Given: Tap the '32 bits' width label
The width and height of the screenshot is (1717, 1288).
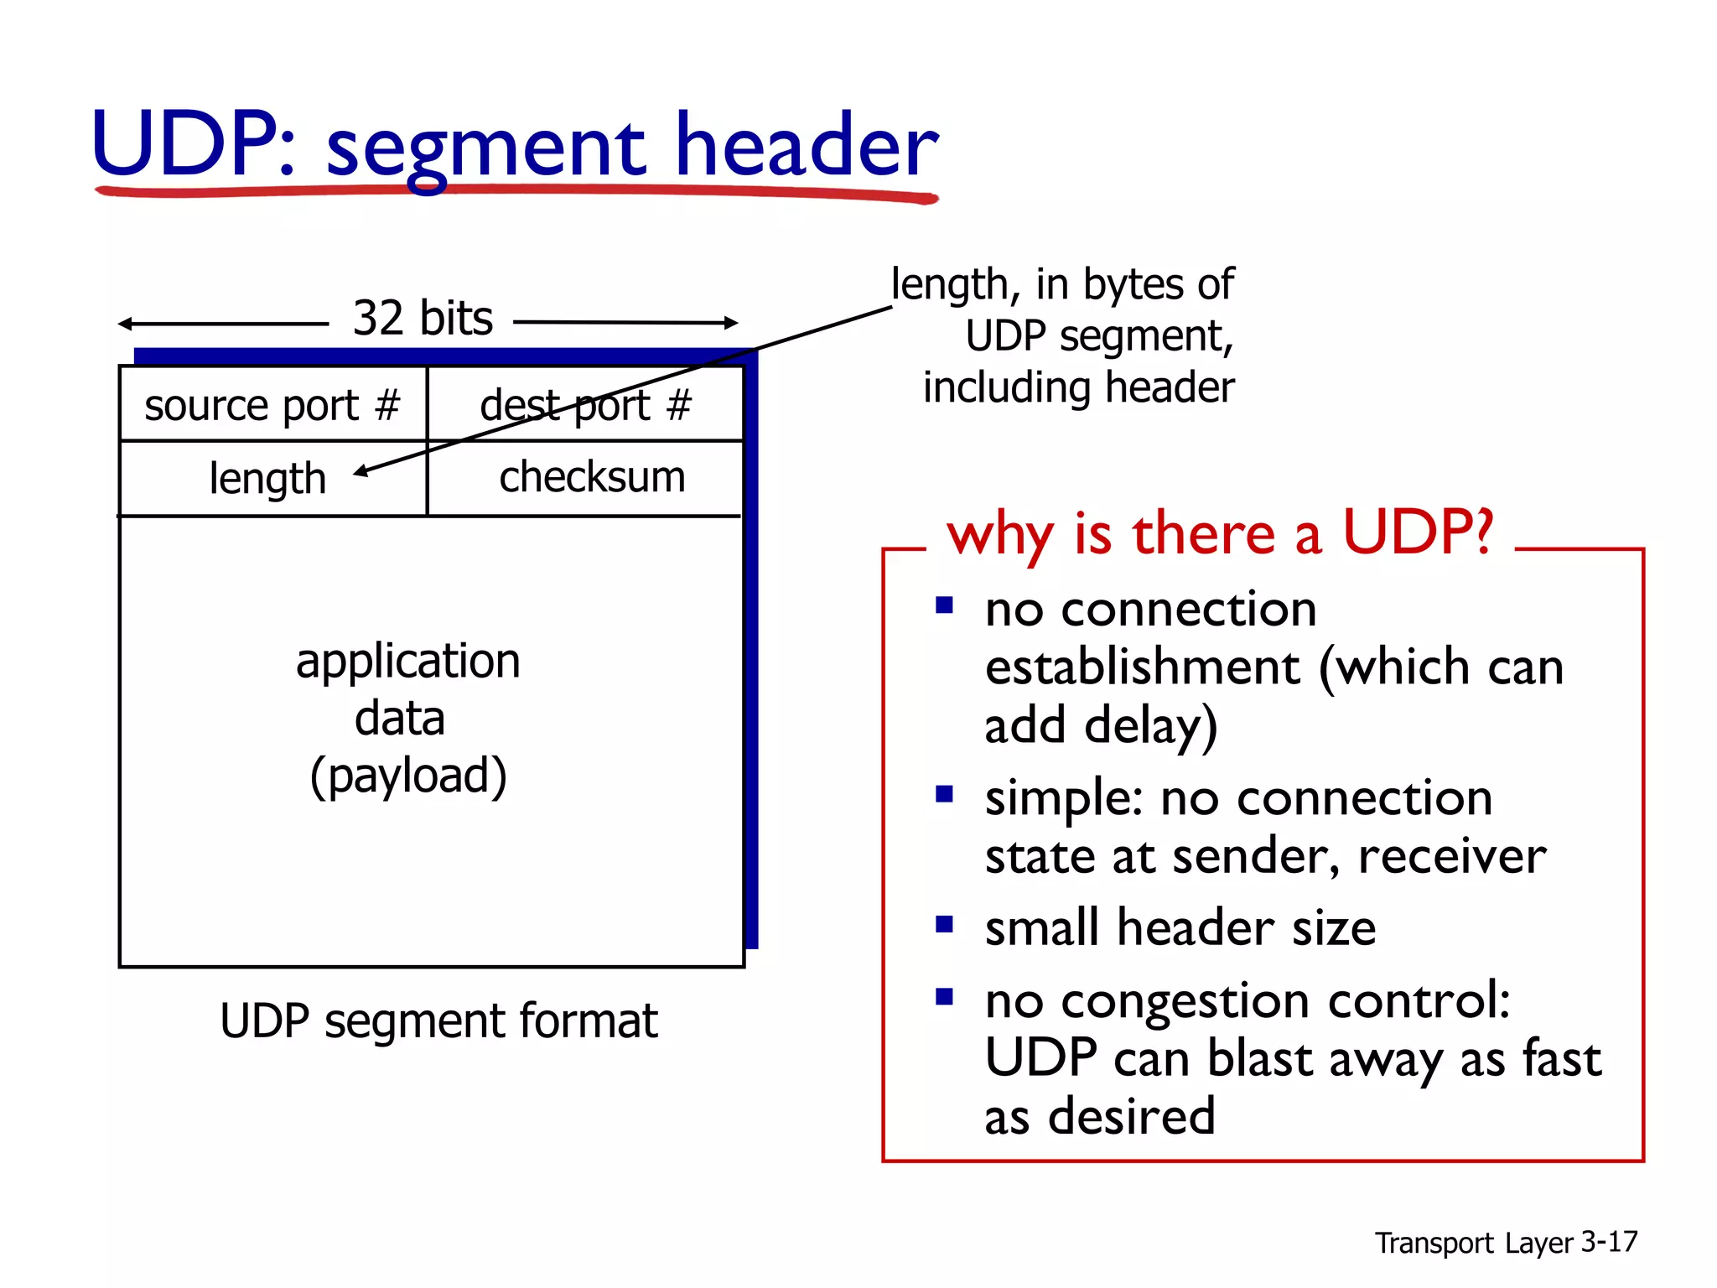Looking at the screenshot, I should (x=423, y=319).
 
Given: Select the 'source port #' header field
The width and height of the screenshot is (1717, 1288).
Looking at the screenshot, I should (x=272, y=406).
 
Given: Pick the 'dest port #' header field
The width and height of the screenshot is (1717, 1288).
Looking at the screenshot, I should (x=585, y=406).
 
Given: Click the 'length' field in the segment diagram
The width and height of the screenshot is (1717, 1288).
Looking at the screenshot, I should (x=267, y=479).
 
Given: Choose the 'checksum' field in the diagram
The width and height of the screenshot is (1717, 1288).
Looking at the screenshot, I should (x=592, y=477).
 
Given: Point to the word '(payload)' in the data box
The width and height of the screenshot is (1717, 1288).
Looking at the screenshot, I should (x=408, y=776).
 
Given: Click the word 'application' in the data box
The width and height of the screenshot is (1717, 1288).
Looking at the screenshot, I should (x=408, y=662).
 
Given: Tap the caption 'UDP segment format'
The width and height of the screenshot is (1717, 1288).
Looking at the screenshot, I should (x=438, y=1021).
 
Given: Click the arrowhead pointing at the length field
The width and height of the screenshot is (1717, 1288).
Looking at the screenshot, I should (x=361, y=472).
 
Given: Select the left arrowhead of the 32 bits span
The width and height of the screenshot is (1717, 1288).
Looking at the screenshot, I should (x=125, y=324).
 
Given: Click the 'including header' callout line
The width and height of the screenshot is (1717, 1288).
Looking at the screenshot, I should (x=1078, y=388).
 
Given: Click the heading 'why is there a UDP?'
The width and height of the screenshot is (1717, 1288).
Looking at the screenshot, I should (x=1220, y=533).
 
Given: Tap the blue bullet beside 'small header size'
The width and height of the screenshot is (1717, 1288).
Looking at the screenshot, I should (x=945, y=925).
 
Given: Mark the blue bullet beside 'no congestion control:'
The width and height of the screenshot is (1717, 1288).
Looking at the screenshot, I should (x=945, y=997).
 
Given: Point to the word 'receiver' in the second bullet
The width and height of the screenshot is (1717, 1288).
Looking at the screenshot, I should (x=1452, y=857).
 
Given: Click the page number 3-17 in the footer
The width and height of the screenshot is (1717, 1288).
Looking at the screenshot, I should (x=1609, y=1242).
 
